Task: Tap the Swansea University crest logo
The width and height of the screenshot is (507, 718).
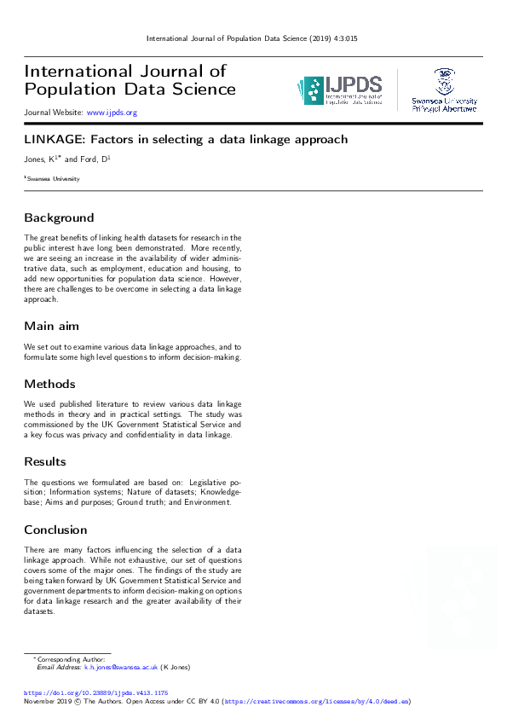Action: tap(444, 90)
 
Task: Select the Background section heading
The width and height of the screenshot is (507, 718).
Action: tap(59, 217)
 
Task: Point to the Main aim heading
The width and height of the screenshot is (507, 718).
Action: tap(51, 327)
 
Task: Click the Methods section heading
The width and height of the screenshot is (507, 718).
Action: tap(49, 384)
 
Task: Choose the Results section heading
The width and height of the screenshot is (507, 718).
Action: tap(45, 461)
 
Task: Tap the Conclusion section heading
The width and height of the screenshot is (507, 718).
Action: tap(55, 530)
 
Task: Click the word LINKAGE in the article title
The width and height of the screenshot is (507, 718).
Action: tap(50, 139)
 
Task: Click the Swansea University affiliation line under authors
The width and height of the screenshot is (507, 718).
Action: tap(53, 179)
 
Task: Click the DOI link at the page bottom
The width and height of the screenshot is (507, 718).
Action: tap(95, 693)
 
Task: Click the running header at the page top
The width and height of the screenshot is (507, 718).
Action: tap(252, 38)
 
